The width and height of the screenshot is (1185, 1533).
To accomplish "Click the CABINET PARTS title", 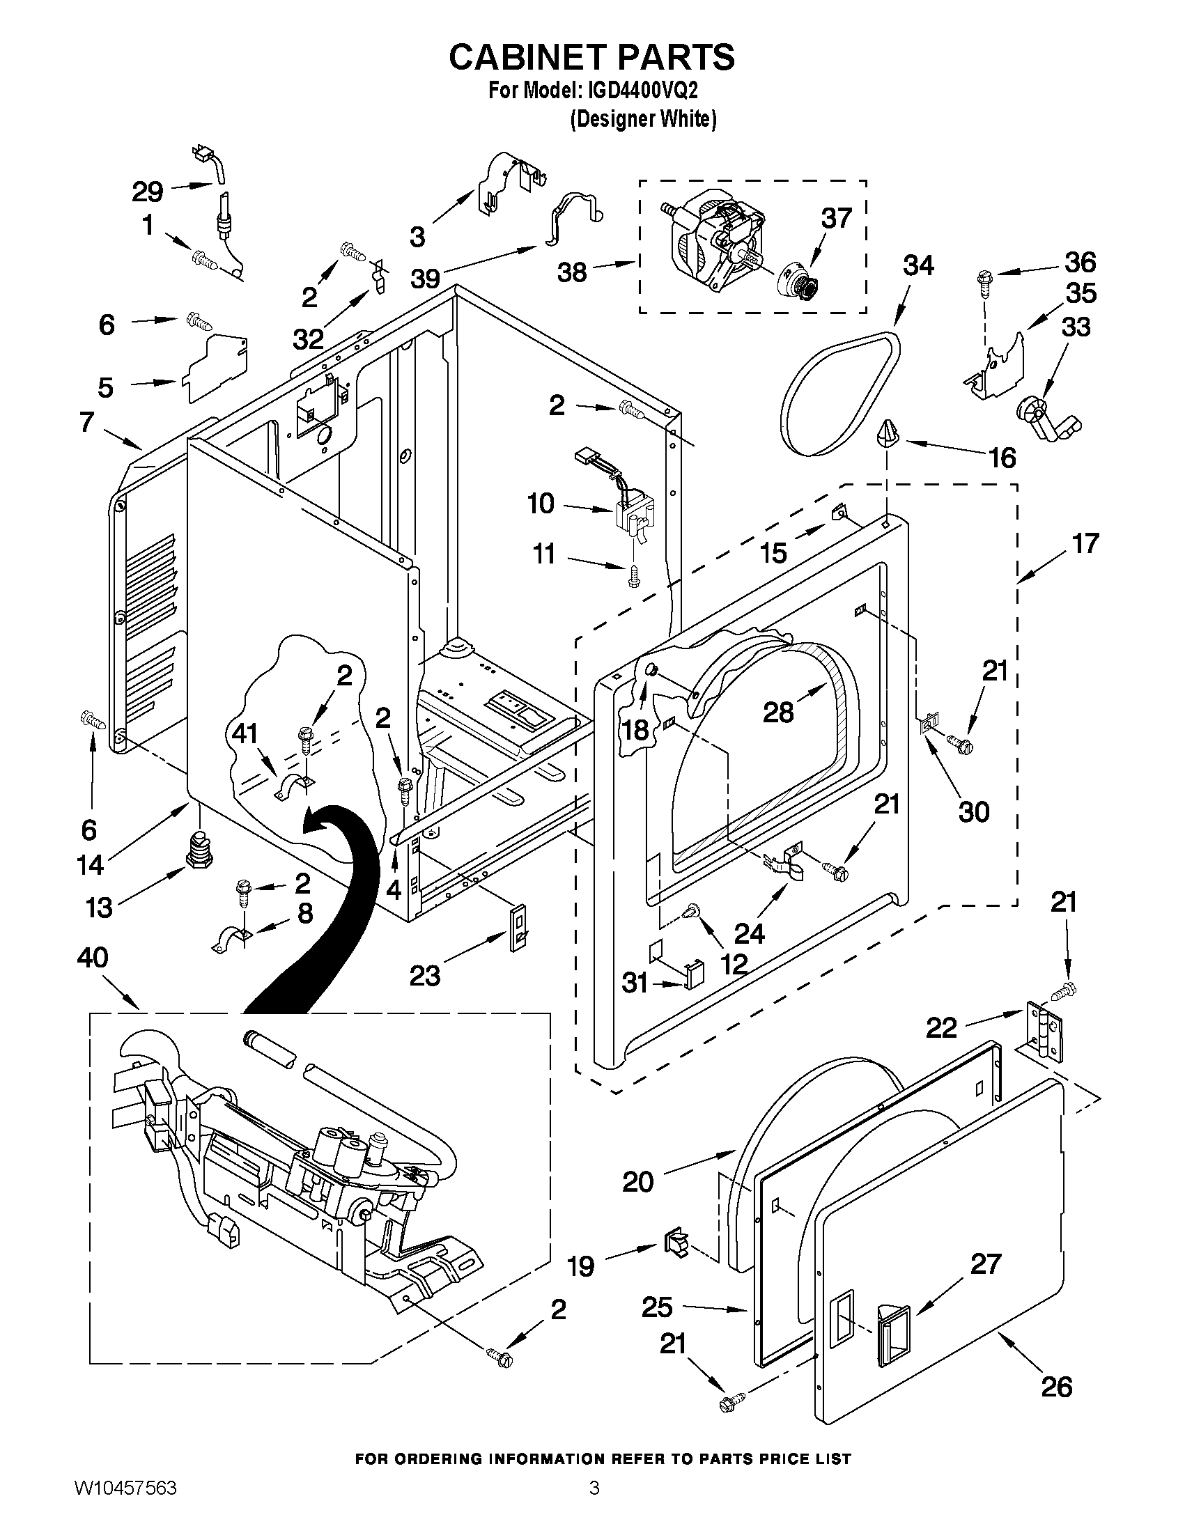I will [x=591, y=58].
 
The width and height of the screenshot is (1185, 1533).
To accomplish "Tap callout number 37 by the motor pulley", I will [x=836, y=219].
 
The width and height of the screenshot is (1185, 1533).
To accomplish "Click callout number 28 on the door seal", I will [x=779, y=713].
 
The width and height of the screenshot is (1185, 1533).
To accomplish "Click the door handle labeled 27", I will [x=893, y=1339].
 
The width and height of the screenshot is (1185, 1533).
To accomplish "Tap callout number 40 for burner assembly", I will [x=93, y=958].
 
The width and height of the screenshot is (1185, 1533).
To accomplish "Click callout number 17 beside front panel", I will [x=1085, y=544].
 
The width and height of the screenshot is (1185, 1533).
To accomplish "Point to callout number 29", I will [x=148, y=192].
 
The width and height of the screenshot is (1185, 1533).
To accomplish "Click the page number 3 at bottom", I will [x=594, y=1503].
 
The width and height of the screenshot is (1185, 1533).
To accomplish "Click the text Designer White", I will [x=643, y=119].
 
